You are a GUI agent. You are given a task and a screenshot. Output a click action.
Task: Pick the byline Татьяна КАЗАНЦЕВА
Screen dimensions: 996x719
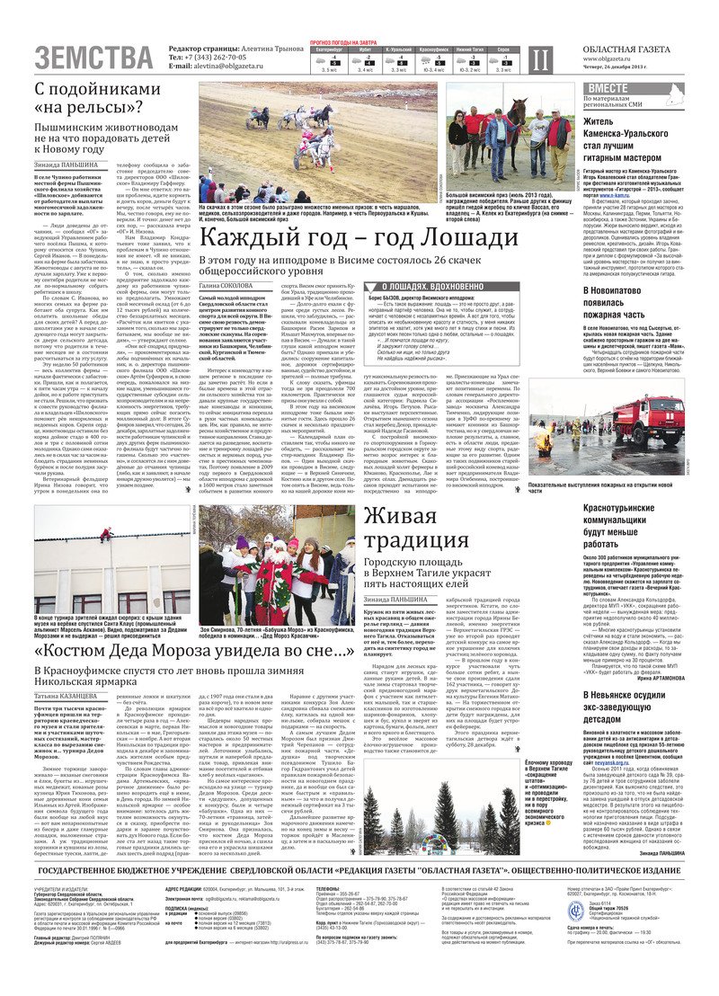[69, 696]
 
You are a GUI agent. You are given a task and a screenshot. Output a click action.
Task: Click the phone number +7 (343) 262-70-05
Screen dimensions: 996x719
[212, 57]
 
